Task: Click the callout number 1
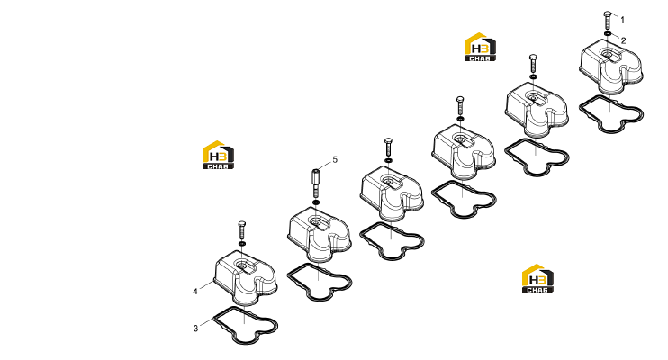coord(622,20)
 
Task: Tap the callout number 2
coord(623,40)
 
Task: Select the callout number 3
coord(195,328)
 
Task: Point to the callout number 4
coord(195,292)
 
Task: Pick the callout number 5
coord(335,159)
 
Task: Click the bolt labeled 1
coord(608,20)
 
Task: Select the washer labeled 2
coord(608,33)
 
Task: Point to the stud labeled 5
coord(315,182)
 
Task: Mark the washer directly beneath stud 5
coord(315,202)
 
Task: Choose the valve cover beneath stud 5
coord(319,234)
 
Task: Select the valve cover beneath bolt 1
coord(611,66)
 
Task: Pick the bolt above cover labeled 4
coord(242,230)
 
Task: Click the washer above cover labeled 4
coord(242,244)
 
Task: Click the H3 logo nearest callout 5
coord(218,155)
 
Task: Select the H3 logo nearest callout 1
coord(480,47)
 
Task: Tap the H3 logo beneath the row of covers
coord(538,278)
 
